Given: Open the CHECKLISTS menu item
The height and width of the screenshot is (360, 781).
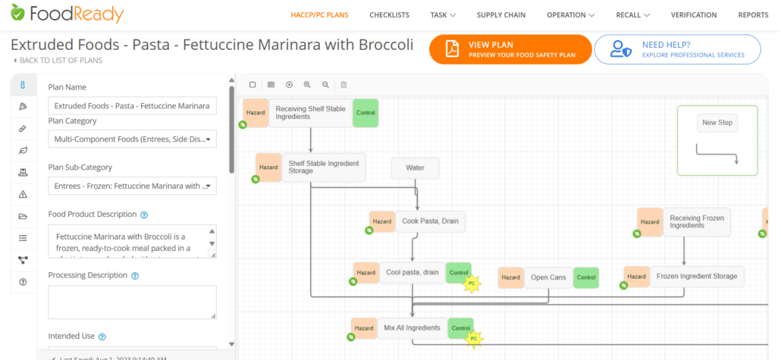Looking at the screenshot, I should [x=389, y=15].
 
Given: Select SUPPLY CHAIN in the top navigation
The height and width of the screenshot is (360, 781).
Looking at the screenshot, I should [x=500, y=15].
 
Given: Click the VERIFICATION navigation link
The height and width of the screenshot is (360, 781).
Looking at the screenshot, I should [x=693, y=15].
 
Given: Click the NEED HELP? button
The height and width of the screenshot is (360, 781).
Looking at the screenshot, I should [x=677, y=49].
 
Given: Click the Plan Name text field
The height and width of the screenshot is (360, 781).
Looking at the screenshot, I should [x=132, y=106].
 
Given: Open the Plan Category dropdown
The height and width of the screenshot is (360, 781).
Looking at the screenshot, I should [x=132, y=139].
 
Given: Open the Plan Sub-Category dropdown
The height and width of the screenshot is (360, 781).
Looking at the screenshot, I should [x=132, y=186].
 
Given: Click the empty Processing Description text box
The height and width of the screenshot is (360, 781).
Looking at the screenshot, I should [x=132, y=302].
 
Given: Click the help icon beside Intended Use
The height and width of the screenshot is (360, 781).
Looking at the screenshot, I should [x=102, y=337].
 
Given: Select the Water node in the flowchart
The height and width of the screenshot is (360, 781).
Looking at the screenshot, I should [x=415, y=167].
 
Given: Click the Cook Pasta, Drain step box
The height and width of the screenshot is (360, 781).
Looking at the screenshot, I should [x=430, y=221].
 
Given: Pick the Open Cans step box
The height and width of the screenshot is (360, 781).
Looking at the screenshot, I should [x=548, y=277].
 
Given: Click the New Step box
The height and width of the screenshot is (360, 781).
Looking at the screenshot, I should [x=717, y=123].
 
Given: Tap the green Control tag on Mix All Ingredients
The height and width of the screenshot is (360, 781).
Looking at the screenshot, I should [x=461, y=328].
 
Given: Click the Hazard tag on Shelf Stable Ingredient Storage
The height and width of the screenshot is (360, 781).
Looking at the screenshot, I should [x=268, y=167].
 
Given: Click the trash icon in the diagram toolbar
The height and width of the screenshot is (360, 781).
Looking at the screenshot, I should [x=343, y=85].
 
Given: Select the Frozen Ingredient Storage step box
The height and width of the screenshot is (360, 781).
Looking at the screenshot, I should [x=696, y=277].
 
